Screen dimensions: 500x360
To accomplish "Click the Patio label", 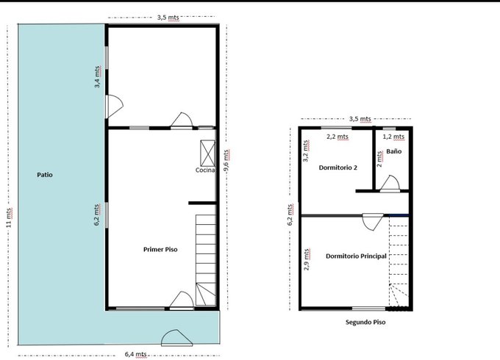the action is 45,175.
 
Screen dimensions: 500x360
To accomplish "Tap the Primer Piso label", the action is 160,250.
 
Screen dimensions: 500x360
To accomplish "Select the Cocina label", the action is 205,170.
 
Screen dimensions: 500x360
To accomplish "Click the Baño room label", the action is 394,151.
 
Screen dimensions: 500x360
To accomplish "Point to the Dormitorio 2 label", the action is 338,168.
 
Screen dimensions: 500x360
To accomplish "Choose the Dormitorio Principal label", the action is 356,256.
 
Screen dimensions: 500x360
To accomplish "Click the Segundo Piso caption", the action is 365,322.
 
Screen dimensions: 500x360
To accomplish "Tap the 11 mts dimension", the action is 10,217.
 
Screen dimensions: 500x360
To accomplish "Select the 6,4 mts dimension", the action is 136,354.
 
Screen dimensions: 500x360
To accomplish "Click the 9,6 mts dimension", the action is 226,160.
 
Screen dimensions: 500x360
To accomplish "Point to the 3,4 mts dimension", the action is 98,77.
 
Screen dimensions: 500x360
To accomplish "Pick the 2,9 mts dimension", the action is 307,259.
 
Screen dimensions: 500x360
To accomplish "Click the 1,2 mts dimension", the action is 393,137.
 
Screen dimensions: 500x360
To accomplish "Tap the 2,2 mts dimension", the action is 337,137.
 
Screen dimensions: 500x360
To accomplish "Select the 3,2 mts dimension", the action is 306,151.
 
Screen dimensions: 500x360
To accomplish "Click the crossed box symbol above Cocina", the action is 207,154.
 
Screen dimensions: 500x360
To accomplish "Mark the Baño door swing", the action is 390,184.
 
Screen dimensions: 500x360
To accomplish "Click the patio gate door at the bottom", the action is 176,338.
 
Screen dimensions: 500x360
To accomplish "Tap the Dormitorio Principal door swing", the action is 373,222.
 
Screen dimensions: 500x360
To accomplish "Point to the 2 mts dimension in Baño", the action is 379,159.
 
